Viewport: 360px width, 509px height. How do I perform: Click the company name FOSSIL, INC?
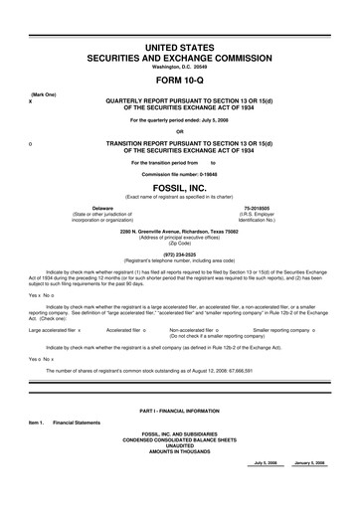tap(179, 187)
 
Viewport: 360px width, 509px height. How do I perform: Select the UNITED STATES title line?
tap(179, 49)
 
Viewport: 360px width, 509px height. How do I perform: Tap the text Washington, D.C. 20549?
tap(179, 68)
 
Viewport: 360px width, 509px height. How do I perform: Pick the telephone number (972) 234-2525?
tap(179, 253)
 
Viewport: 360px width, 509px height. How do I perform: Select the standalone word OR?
tap(179, 131)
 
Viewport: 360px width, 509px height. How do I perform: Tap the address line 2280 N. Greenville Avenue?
tap(179, 231)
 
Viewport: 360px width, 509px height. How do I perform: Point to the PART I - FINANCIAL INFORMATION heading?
tap(179, 412)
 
